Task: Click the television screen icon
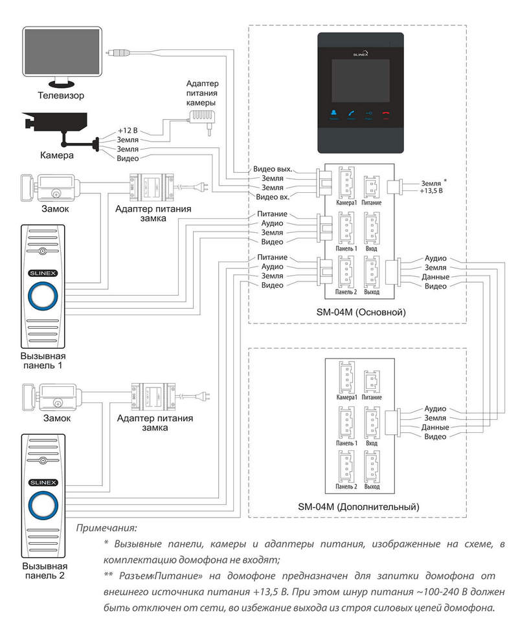pos(62,56)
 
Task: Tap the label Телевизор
pos(61,96)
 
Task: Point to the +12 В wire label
pos(128,131)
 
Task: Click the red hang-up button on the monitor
pos(386,115)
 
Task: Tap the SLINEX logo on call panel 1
pos(43,274)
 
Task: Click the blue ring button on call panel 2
pos(43,505)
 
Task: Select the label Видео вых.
pos(273,169)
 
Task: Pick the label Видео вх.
pos(273,197)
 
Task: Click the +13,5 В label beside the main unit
pos(431,191)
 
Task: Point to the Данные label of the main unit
pos(436,277)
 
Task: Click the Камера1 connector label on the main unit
pos(346,203)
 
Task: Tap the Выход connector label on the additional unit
pos(372,487)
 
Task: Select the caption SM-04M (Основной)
pos(361,313)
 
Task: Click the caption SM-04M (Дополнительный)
pos(359,507)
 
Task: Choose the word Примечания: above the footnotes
pos(106,528)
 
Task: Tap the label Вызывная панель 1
pos(43,360)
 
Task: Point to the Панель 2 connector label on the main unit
pos(346,292)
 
